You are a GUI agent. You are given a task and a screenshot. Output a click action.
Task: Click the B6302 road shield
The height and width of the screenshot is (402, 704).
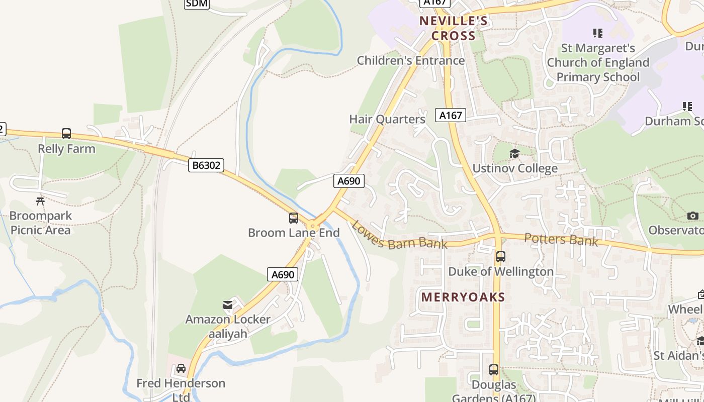(206, 165)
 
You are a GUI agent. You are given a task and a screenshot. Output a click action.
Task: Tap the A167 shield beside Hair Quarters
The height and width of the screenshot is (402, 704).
(451, 115)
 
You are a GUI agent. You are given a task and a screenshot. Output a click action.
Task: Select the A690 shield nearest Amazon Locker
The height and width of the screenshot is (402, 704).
(282, 274)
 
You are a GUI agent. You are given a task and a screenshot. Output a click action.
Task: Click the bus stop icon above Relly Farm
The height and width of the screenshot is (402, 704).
(66, 134)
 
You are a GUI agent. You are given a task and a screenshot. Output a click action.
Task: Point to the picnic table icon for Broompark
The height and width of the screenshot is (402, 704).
(40, 201)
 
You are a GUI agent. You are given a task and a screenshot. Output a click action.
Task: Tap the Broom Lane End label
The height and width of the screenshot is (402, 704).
(294, 233)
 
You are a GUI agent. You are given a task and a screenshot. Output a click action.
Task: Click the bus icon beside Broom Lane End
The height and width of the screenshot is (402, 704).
(294, 218)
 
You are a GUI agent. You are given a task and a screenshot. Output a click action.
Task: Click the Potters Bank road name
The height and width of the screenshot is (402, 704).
(561, 240)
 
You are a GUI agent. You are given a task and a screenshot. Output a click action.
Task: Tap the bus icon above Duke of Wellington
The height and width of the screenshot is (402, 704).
(501, 257)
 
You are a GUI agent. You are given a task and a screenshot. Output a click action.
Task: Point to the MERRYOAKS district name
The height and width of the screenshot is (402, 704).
(463, 297)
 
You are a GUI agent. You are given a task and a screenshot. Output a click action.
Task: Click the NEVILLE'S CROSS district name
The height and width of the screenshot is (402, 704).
(454, 28)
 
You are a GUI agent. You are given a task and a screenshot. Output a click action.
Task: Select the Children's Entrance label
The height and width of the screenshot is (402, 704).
(410, 61)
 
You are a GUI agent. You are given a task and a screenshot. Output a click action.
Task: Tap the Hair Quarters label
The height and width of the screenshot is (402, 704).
(387, 119)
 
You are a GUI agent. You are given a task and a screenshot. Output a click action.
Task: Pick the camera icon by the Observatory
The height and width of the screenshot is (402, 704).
(693, 216)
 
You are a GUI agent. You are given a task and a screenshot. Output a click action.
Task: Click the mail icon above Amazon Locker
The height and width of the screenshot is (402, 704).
(228, 305)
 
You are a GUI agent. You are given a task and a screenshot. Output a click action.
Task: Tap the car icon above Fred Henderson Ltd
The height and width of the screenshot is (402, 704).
(181, 368)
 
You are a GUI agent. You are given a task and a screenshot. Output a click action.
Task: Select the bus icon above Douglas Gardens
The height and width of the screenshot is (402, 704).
(494, 370)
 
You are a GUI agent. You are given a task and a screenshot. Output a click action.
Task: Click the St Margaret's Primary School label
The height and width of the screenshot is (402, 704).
(598, 63)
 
